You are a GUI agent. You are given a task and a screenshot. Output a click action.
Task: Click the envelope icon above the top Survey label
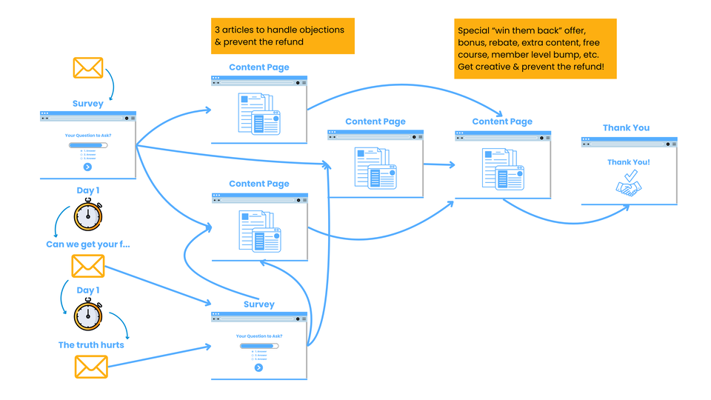(87, 68)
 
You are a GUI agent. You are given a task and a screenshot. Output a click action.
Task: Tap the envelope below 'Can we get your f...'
(87, 266)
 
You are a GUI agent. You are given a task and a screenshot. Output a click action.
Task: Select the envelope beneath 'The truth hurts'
(91, 367)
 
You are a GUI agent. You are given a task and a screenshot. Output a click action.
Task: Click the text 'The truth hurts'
(91, 344)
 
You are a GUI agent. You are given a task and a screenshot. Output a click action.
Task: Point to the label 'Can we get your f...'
(88, 244)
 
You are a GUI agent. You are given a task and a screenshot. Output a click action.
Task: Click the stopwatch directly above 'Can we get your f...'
(87, 216)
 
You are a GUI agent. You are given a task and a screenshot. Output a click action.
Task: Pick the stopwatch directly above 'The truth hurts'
(87, 315)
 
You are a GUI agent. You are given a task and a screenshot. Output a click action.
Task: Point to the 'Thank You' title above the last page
(626, 127)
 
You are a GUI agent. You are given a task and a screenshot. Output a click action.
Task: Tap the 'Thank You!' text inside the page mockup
(629, 161)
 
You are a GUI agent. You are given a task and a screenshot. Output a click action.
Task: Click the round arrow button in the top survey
(87, 167)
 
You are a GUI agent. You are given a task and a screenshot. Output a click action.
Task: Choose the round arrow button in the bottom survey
(258, 367)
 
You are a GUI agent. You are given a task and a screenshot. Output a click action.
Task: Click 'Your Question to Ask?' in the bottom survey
(258, 336)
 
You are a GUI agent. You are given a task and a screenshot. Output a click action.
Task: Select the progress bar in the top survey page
(87, 145)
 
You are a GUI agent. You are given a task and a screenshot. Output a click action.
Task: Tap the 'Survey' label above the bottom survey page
(258, 304)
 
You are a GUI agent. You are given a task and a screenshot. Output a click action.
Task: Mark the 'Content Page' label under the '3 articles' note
(258, 67)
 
